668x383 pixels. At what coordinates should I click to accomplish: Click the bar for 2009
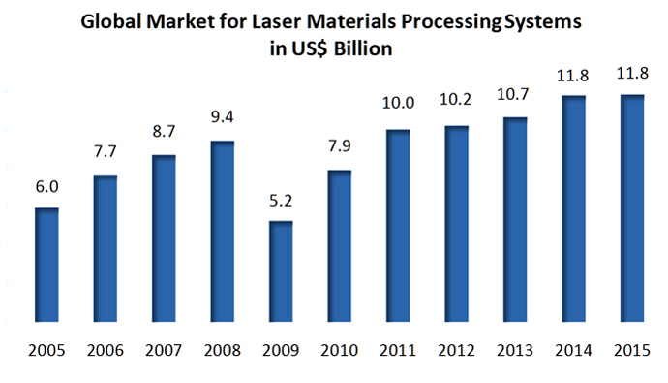coord(280,271)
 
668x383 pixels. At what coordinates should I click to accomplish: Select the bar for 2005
coord(46,265)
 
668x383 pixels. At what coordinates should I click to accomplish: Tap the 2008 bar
coord(222,232)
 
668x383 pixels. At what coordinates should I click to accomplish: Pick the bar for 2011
coord(397,226)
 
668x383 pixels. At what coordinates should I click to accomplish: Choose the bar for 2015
coord(631,208)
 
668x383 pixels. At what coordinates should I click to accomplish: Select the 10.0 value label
coord(397,113)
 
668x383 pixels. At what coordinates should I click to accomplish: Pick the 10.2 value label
coord(456,110)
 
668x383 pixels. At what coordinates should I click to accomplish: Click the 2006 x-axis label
coord(105,349)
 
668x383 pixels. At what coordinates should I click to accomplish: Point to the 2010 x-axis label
coord(339,349)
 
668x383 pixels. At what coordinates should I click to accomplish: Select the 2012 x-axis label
coord(456,349)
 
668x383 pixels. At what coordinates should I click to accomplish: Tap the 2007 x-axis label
coord(163,349)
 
